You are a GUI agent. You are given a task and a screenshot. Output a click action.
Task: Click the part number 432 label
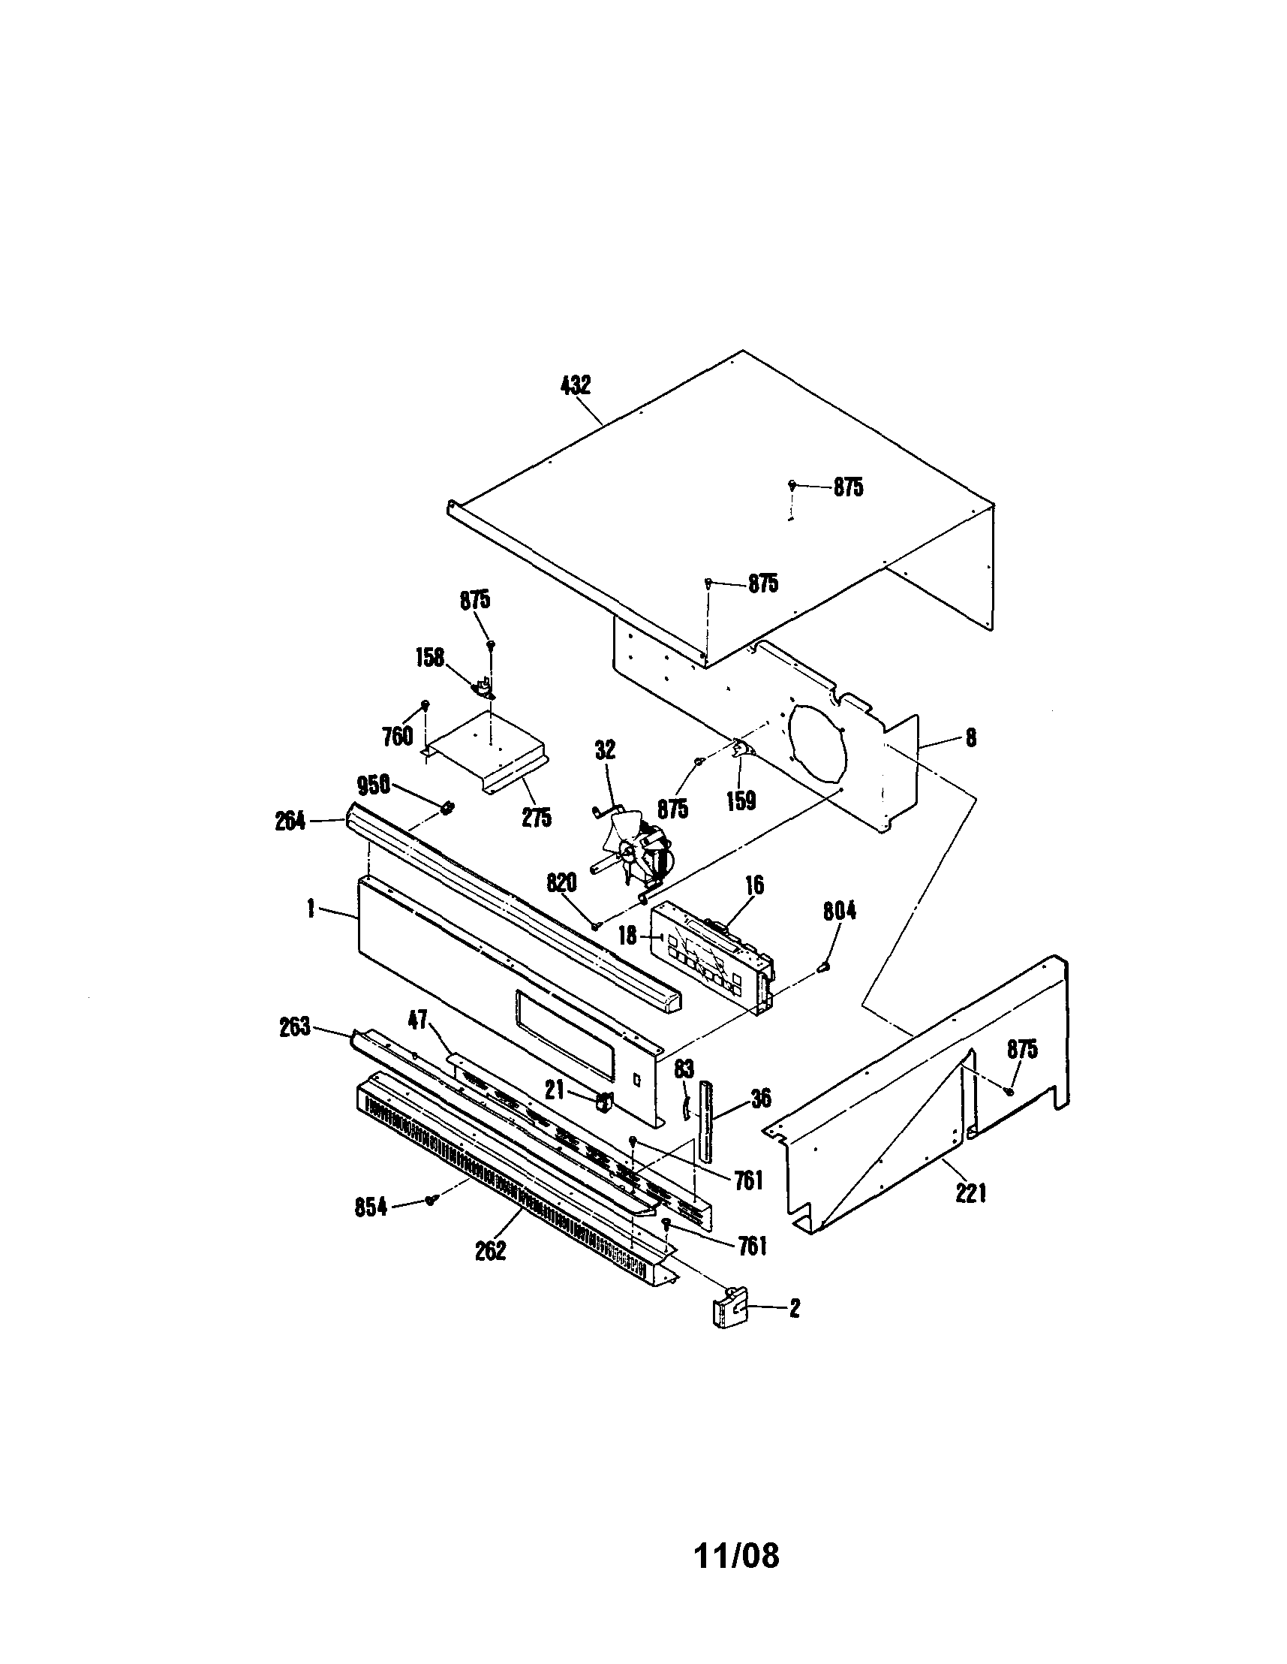[575, 385]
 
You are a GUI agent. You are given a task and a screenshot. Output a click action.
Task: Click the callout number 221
[971, 1192]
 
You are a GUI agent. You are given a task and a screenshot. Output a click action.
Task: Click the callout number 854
[371, 1207]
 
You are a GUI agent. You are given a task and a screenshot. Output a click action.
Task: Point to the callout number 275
[537, 817]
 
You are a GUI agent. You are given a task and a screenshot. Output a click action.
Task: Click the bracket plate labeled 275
[487, 750]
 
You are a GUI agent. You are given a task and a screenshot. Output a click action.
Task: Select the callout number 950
[374, 785]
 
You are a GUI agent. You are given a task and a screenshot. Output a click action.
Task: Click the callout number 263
[294, 1027]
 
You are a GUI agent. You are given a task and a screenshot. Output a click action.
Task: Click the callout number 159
[740, 800]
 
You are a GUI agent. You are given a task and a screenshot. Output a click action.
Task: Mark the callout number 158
[430, 657]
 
